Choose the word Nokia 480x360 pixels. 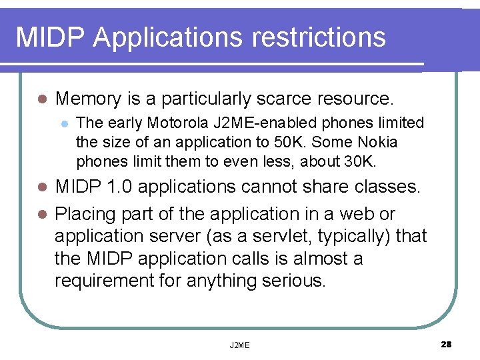(x=377, y=142)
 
